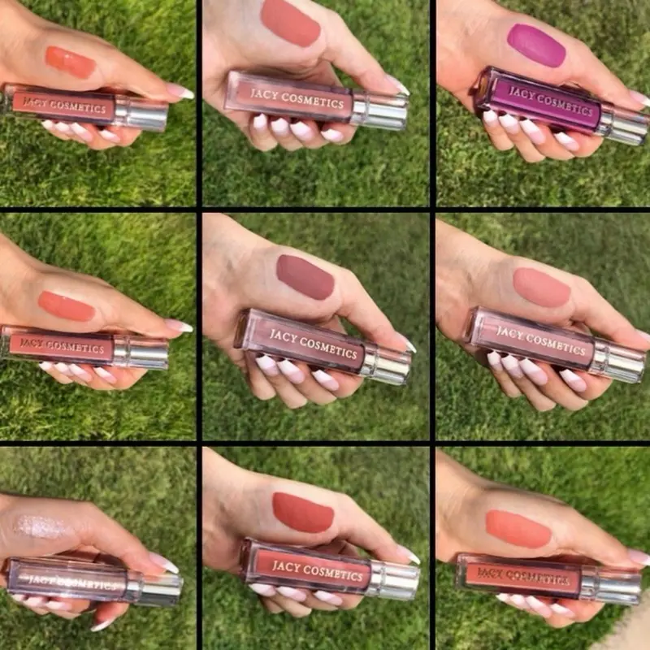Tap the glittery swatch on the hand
pos(39,526)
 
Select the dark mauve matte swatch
pos(305,277)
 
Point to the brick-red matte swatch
pos(303,512)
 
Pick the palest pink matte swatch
pos(541,288)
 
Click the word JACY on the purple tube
pos(522,93)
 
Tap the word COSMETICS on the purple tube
pos(566,105)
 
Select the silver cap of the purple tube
pos(624,125)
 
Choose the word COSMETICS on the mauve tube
pos(328,349)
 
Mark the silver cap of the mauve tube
pos(387,364)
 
